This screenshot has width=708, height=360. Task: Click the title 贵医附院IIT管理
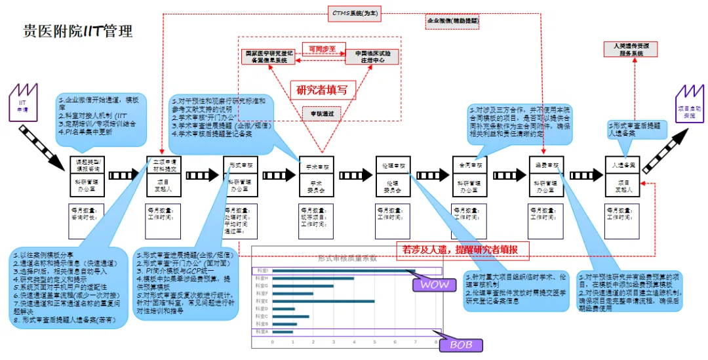click(78, 31)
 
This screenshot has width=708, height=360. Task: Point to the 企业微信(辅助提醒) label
click(453, 21)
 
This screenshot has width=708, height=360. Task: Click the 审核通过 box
click(322, 113)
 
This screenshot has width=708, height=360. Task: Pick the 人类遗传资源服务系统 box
click(631, 49)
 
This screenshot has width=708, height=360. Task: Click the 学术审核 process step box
click(319, 167)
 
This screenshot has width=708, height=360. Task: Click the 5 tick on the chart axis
click(375, 343)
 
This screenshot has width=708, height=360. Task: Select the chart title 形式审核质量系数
click(347, 258)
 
